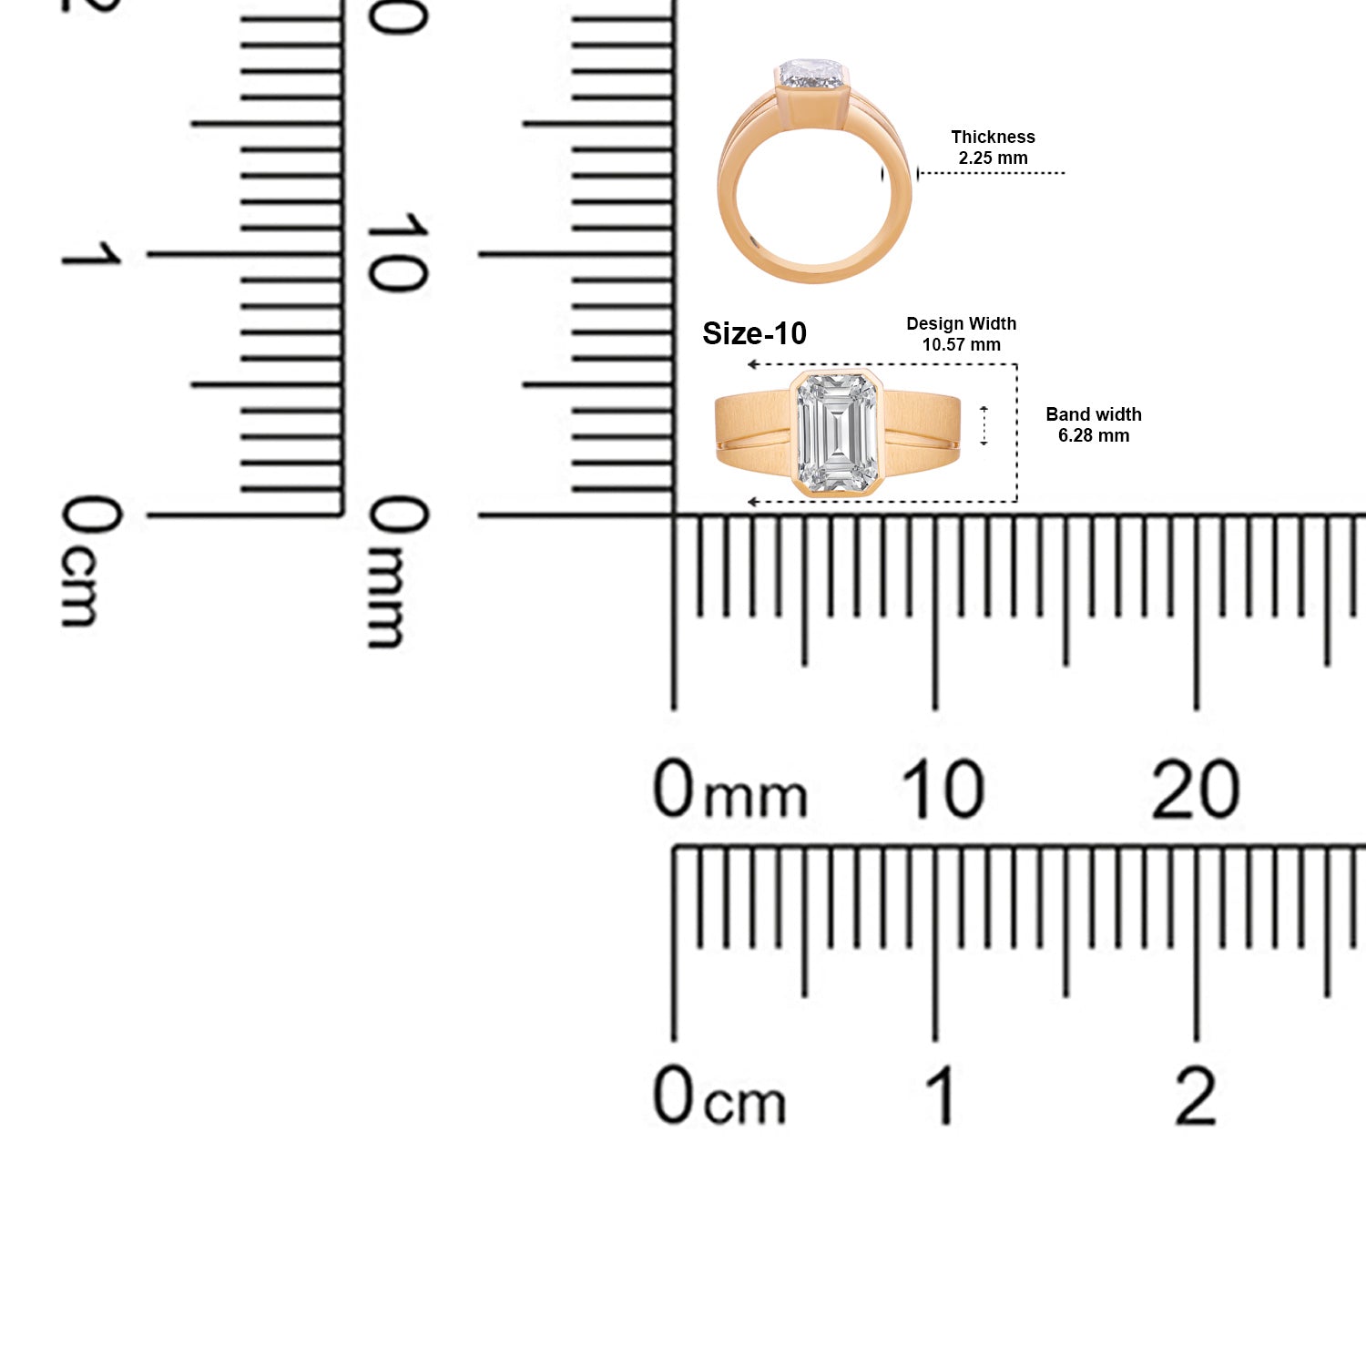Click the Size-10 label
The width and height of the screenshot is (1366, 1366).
[754, 334]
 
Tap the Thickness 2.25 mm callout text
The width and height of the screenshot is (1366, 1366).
[993, 147]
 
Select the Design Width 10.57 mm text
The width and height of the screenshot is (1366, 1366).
[961, 334]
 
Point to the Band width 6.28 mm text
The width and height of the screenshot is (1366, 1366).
[1093, 425]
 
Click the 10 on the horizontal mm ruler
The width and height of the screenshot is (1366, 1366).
[943, 789]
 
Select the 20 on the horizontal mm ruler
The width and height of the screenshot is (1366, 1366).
[1195, 789]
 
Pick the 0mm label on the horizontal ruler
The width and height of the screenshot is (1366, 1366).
[730, 789]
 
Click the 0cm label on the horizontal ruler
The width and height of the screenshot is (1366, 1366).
[719, 1095]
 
